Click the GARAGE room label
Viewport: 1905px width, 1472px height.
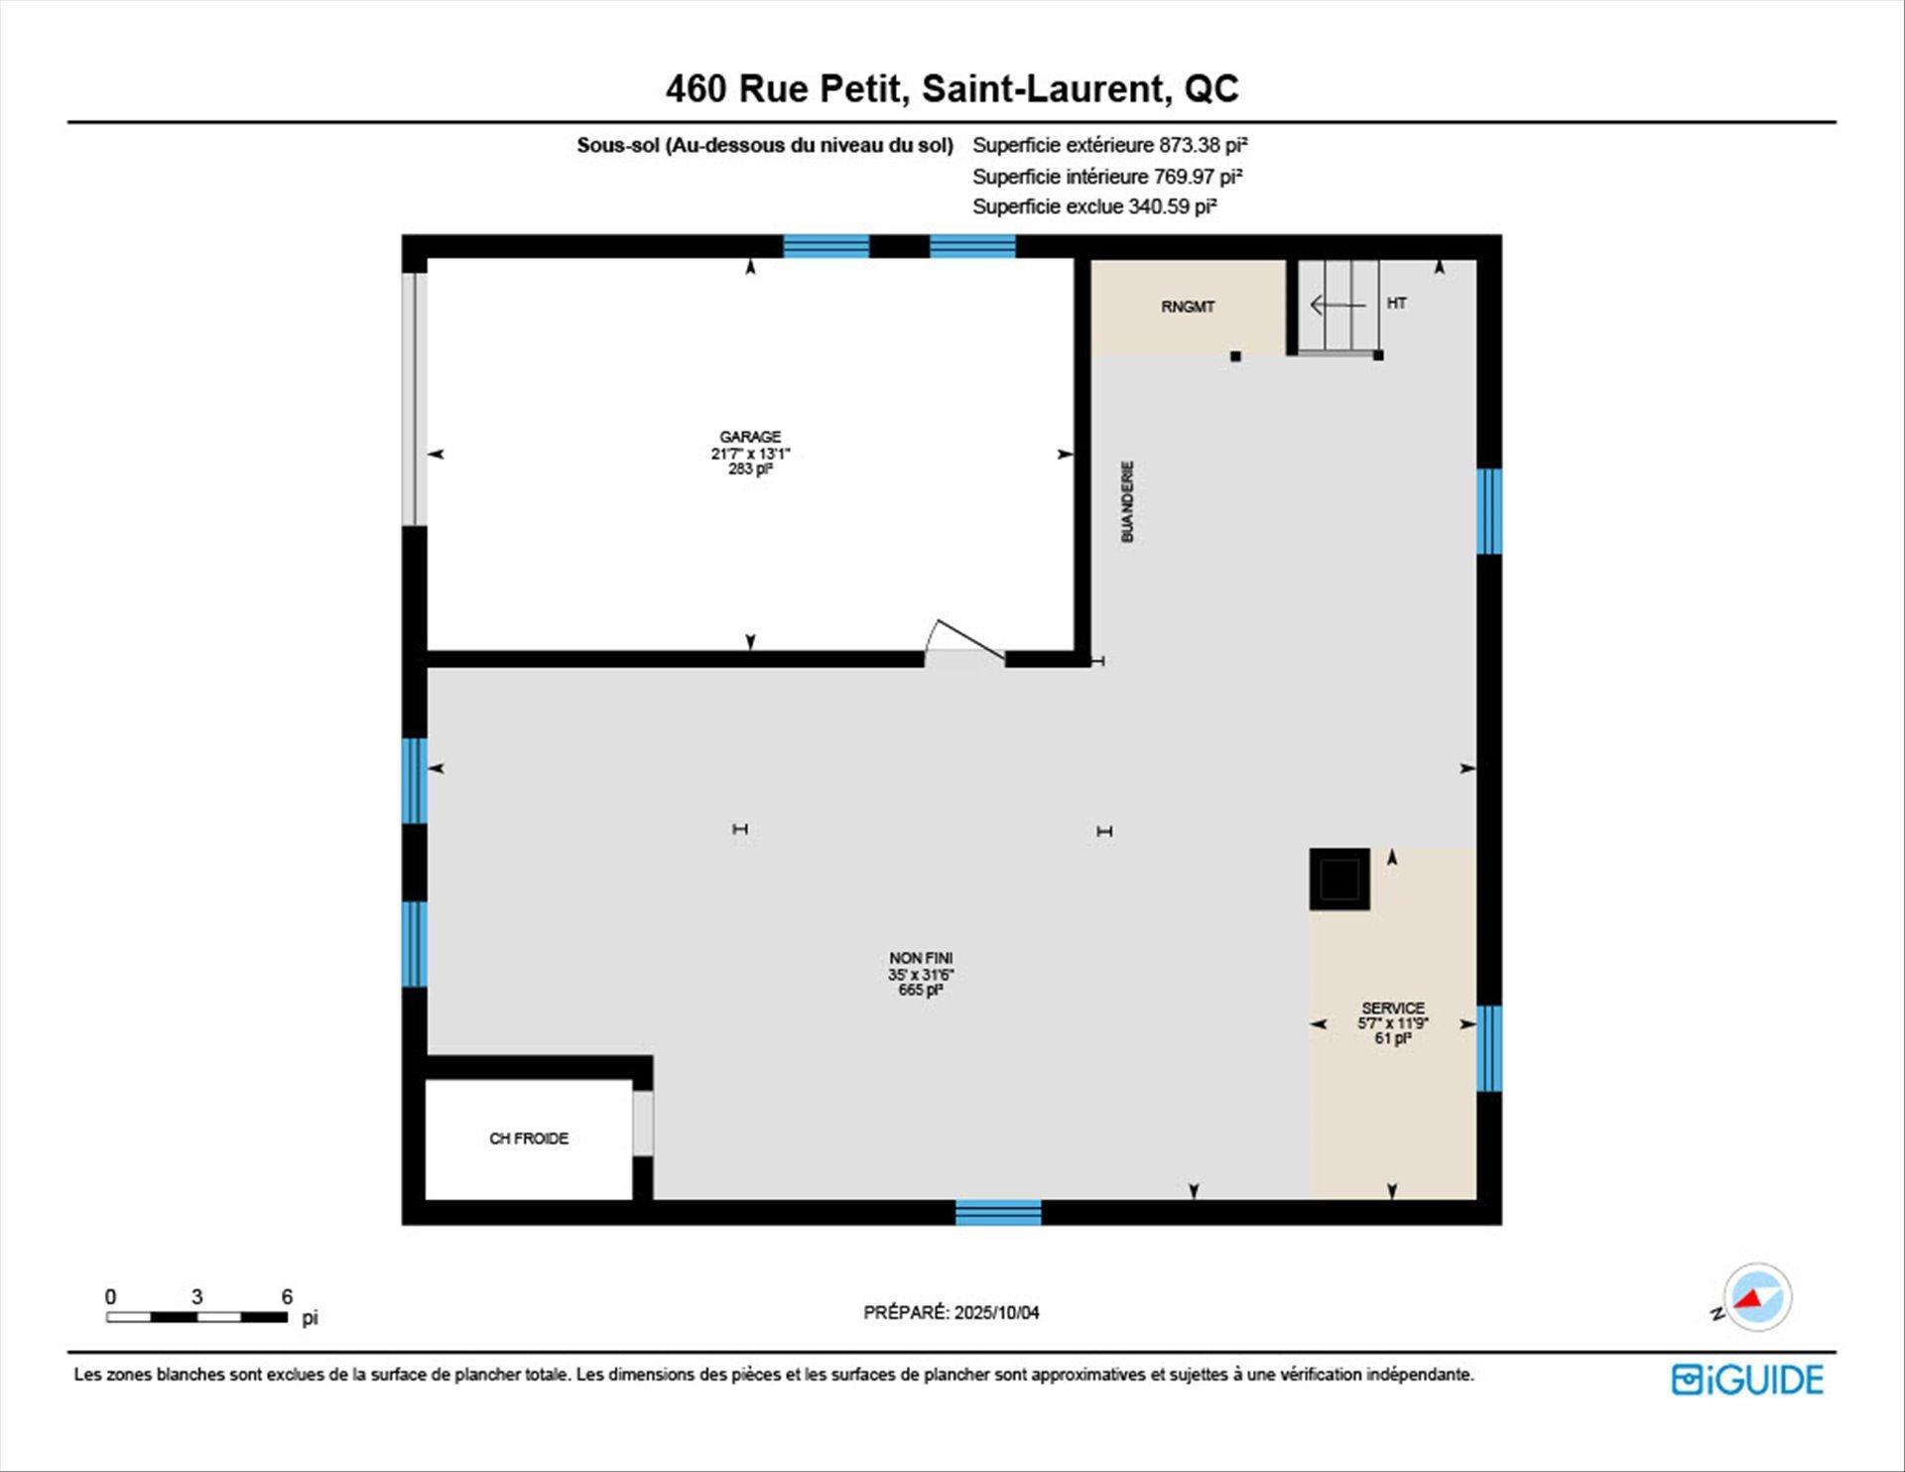(750, 437)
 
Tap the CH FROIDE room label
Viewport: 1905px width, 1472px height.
(529, 1138)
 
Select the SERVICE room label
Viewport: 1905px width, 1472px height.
(1393, 1007)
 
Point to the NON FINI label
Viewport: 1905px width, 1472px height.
(921, 958)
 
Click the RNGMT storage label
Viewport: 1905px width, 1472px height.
(1188, 307)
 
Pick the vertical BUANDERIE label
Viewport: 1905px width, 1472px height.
(1127, 501)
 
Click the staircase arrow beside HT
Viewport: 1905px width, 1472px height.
(1337, 305)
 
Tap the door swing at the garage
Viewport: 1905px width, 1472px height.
(964, 640)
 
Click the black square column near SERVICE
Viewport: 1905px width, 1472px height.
(1339, 878)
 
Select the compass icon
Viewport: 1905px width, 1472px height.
(1757, 1296)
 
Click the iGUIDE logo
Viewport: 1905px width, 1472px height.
(1747, 1380)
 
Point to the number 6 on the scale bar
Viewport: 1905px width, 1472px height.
(287, 1296)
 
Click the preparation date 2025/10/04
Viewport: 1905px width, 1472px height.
(997, 1312)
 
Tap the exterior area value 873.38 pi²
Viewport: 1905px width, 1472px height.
(1204, 145)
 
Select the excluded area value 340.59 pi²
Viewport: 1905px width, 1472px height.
(1173, 206)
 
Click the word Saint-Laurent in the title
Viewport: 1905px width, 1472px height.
(1043, 88)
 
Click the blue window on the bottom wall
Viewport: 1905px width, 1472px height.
(998, 1212)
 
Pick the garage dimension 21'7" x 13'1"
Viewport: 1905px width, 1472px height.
(750, 454)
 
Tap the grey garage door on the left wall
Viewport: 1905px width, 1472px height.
(415, 399)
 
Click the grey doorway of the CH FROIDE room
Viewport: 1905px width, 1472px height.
(643, 1124)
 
